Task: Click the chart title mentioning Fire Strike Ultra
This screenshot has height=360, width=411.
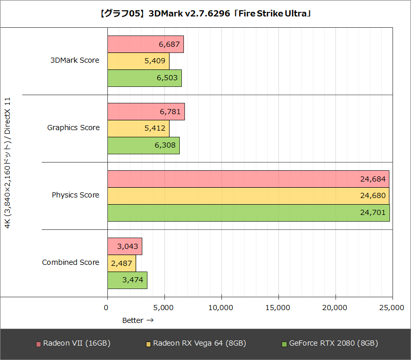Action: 206,13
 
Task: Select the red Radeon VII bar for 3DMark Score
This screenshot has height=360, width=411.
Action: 145,44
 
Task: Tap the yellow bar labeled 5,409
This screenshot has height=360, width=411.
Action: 138,61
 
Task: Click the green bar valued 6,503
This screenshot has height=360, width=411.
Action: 144,78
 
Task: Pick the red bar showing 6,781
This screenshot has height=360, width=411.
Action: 146,112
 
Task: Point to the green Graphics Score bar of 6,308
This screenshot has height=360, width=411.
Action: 143,146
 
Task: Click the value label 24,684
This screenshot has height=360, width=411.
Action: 372,179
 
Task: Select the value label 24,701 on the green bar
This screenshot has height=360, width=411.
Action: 372,213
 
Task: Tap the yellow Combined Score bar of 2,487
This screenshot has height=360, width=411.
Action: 122,263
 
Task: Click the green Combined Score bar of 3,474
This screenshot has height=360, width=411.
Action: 127,280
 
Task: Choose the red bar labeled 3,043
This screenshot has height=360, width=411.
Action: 125,246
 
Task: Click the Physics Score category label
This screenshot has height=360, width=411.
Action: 76,195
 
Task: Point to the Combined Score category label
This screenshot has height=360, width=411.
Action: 70,263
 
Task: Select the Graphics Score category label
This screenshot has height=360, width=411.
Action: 73,128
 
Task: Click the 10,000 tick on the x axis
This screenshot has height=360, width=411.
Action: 221,308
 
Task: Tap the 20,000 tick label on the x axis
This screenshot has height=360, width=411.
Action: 335,308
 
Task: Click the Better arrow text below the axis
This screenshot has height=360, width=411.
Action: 138,320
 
